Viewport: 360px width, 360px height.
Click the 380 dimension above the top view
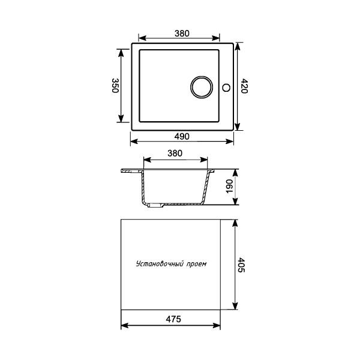pyautogui.click(x=183, y=34)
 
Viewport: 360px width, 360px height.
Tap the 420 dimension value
pyautogui.click(x=244, y=87)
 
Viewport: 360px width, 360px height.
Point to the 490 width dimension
pyautogui.click(x=183, y=136)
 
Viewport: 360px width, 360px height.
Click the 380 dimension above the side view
pyautogui.click(x=175, y=154)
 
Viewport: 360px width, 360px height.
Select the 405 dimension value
pyautogui.click(x=241, y=265)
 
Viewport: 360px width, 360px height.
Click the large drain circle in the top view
pyautogui.click(x=201, y=87)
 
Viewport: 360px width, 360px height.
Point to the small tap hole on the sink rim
pyautogui.click(x=226, y=88)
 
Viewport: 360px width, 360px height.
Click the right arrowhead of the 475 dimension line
pyautogui.click(x=217, y=326)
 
